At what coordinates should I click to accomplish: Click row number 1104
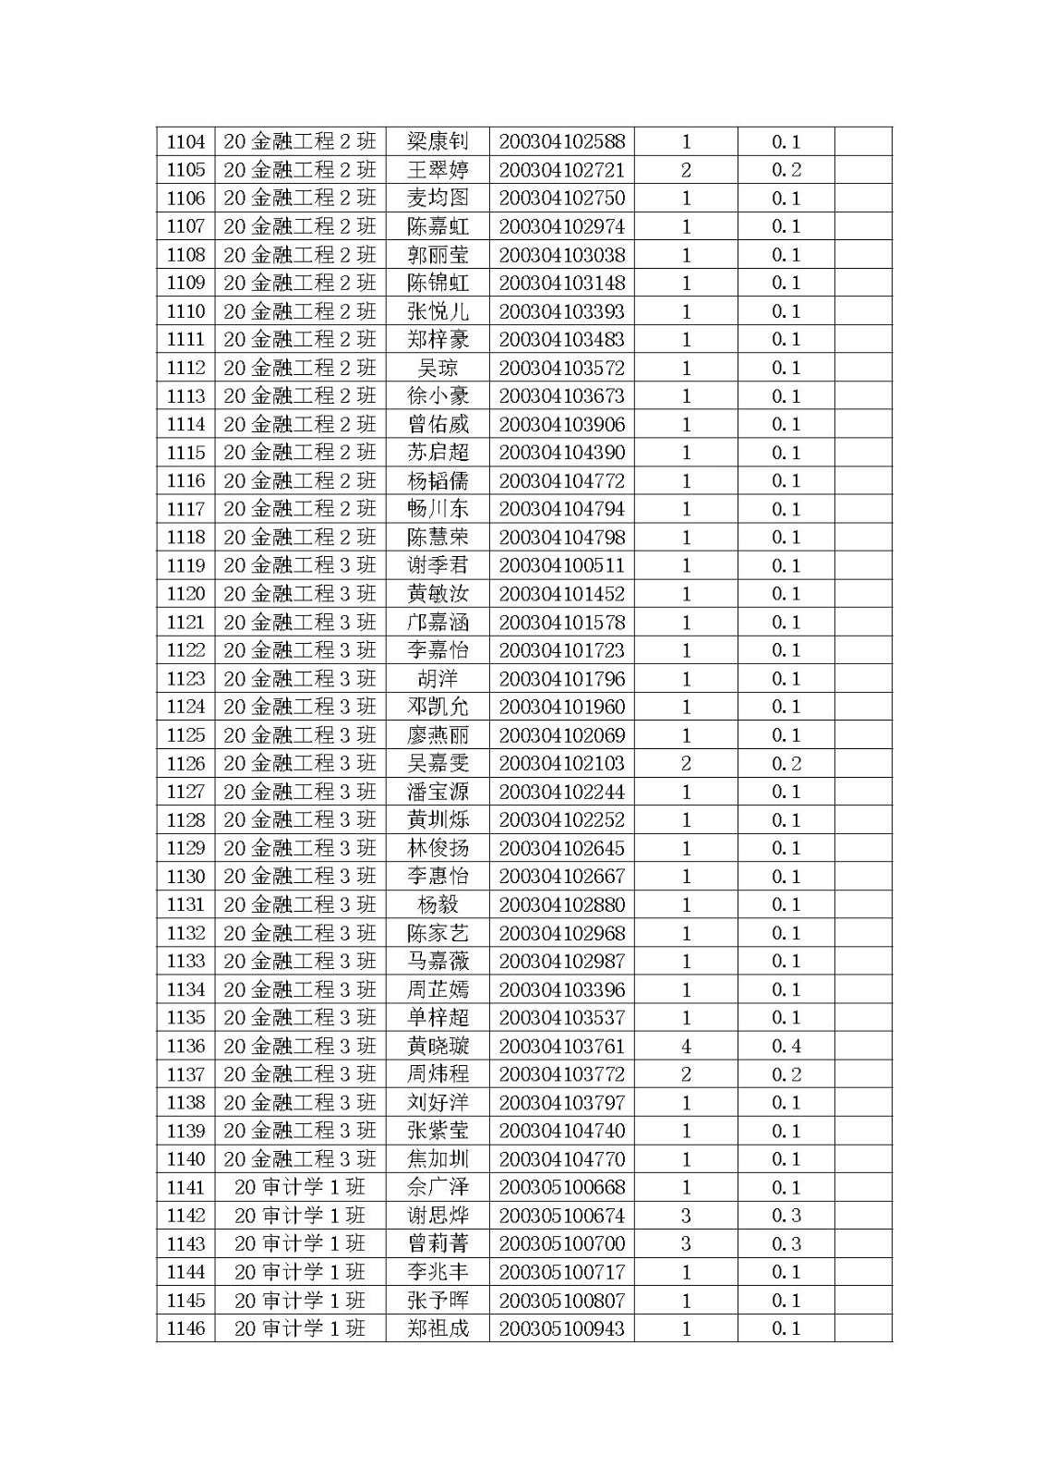pyautogui.click(x=186, y=141)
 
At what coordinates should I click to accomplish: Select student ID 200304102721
pyautogui.click(x=561, y=170)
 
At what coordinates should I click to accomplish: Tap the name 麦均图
pyautogui.click(x=438, y=198)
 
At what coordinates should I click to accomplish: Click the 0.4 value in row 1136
pyautogui.click(x=786, y=1046)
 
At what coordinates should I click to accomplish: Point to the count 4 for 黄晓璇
pyautogui.click(x=686, y=1046)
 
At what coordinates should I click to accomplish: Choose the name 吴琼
pyautogui.click(x=438, y=368)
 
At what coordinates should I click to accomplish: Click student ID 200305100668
pyautogui.click(x=561, y=1187)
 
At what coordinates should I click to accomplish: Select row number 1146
pyautogui.click(x=186, y=1328)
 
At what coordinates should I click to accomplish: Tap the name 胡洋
pyautogui.click(x=438, y=679)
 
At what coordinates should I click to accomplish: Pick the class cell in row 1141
pyautogui.click(x=300, y=1187)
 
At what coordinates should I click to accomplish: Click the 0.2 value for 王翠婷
pyautogui.click(x=786, y=170)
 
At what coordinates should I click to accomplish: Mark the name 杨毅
pyautogui.click(x=438, y=904)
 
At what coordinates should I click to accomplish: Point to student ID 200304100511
pyautogui.click(x=561, y=565)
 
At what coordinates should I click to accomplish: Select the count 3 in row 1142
pyautogui.click(x=686, y=1216)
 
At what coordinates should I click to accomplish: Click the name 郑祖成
pyautogui.click(x=438, y=1328)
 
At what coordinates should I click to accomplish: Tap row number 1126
pyautogui.click(x=186, y=763)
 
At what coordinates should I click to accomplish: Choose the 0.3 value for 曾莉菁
pyautogui.click(x=786, y=1243)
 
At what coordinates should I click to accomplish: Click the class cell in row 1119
pyautogui.click(x=300, y=565)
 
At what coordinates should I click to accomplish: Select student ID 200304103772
pyautogui.click(x=561, y=1074)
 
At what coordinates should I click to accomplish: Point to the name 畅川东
pyautogui.click(x=438, y=509)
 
